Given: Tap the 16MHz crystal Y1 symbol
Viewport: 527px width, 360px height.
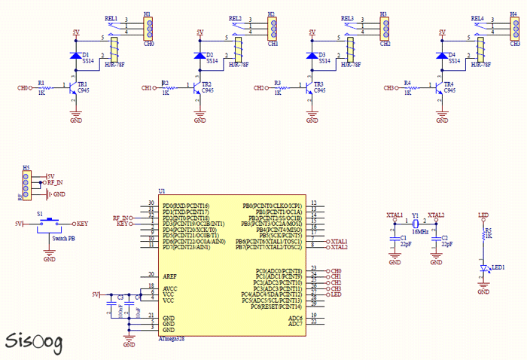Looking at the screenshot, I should tap(415, 223).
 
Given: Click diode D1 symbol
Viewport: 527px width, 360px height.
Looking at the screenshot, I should tap(75, 56).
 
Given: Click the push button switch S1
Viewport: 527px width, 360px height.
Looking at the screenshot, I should tap(50, 223).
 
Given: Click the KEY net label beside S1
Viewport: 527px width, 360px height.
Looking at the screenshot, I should tap(82, 224).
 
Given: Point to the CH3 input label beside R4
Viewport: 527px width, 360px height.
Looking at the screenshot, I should tap(389, 89).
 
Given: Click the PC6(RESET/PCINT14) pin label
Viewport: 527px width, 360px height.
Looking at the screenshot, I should tap(277, 307).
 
